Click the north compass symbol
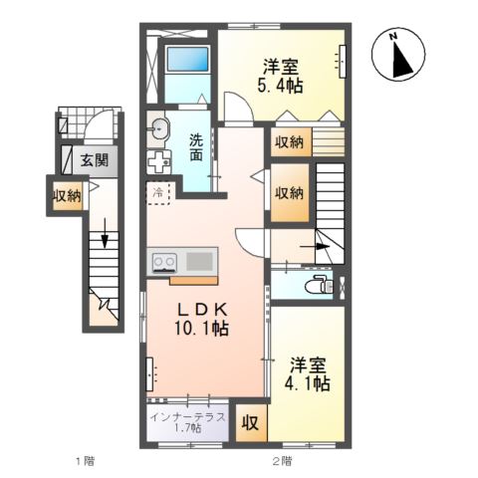(x=399, y=56)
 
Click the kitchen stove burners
(x=163, y=263)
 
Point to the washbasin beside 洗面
(x=159, y=126)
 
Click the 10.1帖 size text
(x=205, y=329)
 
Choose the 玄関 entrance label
(x=95, y=159)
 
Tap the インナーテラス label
(x=187, y=416)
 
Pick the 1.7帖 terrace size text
(x=187, y=429)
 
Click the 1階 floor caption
(x=83, y=462)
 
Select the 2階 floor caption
(x=282, y=462)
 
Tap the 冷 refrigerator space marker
(x=158, y=191)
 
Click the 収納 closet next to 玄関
(x=67, y=195)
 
